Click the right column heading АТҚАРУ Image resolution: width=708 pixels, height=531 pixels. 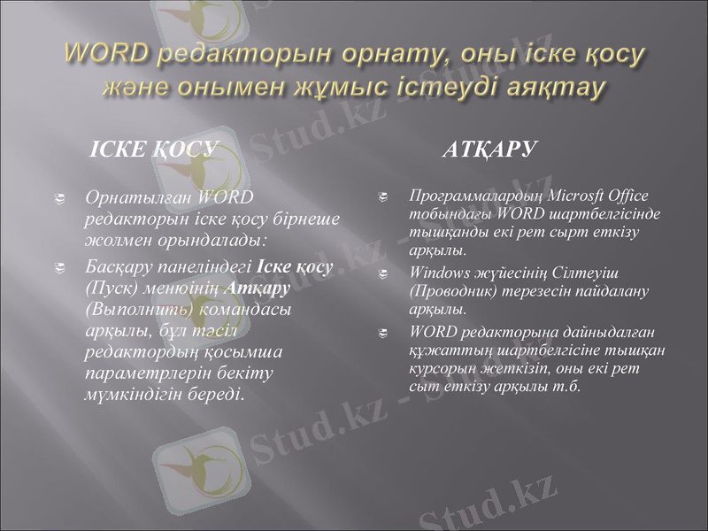point(489,149)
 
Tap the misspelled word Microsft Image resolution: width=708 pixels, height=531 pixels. point(574,195)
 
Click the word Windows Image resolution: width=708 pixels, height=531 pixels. point(438,273)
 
